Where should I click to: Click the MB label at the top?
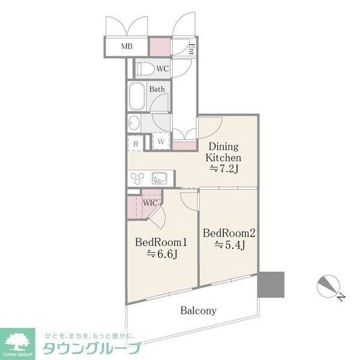pyautogui.click(x=127, y=46)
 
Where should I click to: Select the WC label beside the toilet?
pyautogui.click(x=162, y=69)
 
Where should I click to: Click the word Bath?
pyautogui.click(x=157, y=90)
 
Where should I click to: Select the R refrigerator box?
pyautogui.click(x=136, y=144)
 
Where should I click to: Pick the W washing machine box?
pyautogui.click(x=160, y=142)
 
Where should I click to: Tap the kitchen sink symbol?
pyautogui.click(x=161, y=178)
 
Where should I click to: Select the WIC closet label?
pyautogui.click(x=151, y=202)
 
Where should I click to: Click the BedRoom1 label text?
pyautogui.click(x=161, y=243)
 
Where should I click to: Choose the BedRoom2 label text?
pyautogui.click(x=229, y=233)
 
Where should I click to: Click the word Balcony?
pyautogui.click(x=198, y=311)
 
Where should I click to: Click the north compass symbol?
pyautogui.click(x=328, y=287)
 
